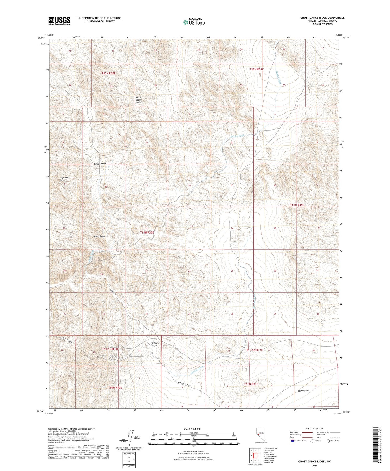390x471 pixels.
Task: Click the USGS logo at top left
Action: pyautogui.click(x=59, y=21)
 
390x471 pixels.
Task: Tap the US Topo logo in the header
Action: pyautogui.click(x=194, y=22)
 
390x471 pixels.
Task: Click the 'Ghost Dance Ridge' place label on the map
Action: pyautogui.click(x=139, y=100)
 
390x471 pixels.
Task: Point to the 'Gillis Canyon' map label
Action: pyautogui.click(x=100, y=164)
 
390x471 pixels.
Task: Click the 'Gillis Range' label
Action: pyautogui.click(x=100, y=236)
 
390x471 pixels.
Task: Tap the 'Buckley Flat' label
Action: pyautogui.click(x=303, y=390)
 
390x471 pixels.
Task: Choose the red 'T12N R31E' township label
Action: pyautogui.click(x=257, y=69)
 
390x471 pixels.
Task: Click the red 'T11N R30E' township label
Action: pyautogui.click(x=147, y=233)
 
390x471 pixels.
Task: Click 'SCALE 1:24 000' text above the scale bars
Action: pyautogui.click(x=192, y=429)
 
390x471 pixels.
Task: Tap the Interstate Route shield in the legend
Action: pyautogui.click(x=292, y=441)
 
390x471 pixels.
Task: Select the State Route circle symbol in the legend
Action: pyautogui.click(x=328, y=441)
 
